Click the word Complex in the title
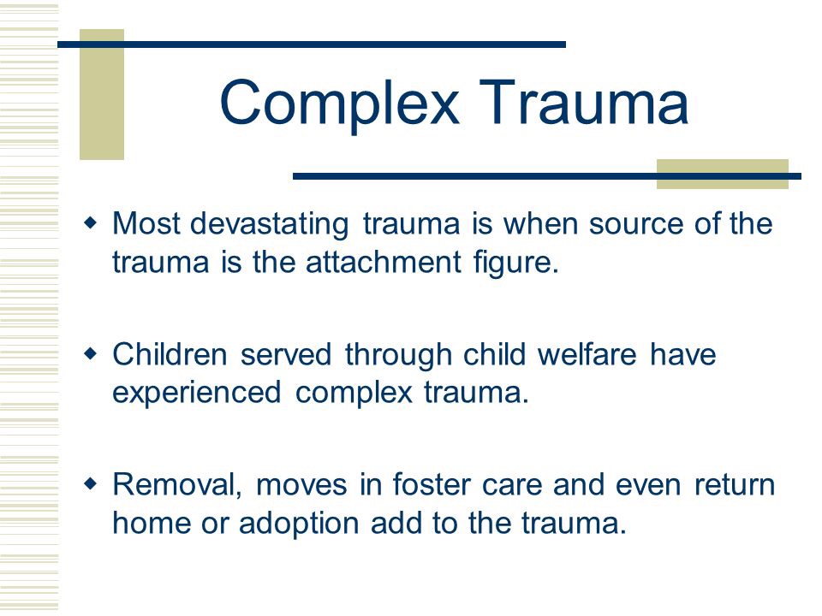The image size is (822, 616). pos(340,104)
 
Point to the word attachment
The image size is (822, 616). pos(384,262)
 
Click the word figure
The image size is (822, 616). pos(516,264)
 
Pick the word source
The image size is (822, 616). pos(636,224)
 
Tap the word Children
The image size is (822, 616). pos(170,353)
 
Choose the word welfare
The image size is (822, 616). pos(587,353)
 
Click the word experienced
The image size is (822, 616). pos(197,394)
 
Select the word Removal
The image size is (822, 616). pos(177,486)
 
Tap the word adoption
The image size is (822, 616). pos(298,524)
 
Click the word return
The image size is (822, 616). pos(735,486)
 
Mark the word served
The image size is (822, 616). pos(286,353)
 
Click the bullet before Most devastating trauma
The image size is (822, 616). pos(91,223)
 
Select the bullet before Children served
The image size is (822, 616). pos(91,354)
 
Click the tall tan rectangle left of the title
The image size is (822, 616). pos(102,94)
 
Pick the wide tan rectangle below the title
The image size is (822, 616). pos(723,174)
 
